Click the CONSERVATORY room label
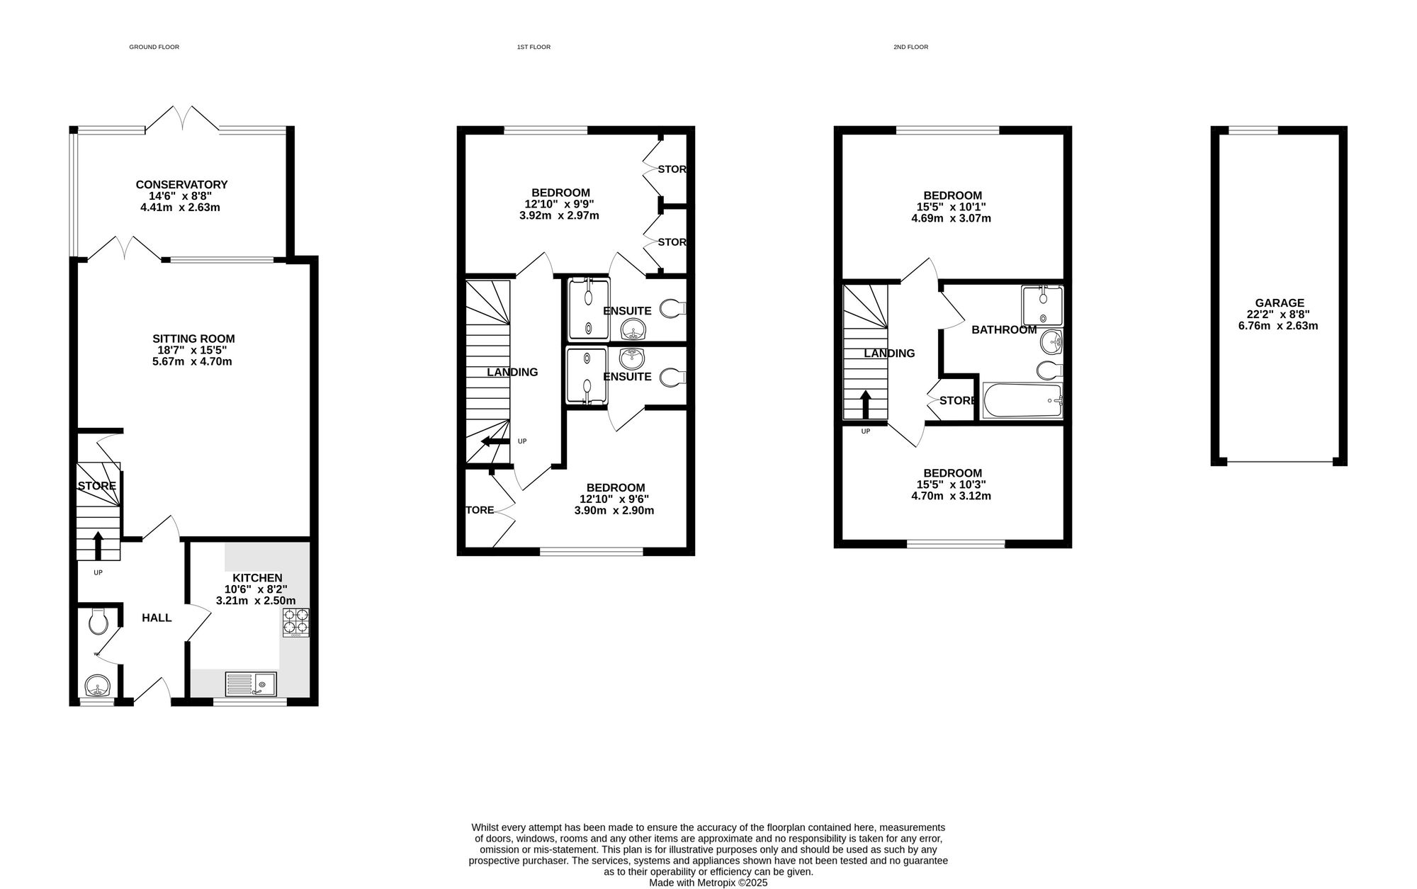(181, 185)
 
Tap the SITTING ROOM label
(193, 339)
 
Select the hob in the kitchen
(296, 623)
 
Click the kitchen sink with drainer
(252, 684)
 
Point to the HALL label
(157, 618)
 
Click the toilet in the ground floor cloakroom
(98, 622)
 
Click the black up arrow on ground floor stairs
(98, 546)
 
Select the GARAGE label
(1279, 303)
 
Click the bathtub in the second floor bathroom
(1022, 401)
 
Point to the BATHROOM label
(1004, 330)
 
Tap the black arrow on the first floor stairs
(495, 442)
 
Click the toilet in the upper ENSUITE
(673, 309)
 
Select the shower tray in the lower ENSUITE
(587, 377)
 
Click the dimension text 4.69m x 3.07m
(951, 219)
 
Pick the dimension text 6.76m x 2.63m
(1278, 327)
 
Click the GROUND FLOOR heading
(154, 47)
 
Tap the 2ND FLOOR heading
(910, 47)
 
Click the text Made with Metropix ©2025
(708, 883)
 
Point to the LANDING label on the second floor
(889, 353)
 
